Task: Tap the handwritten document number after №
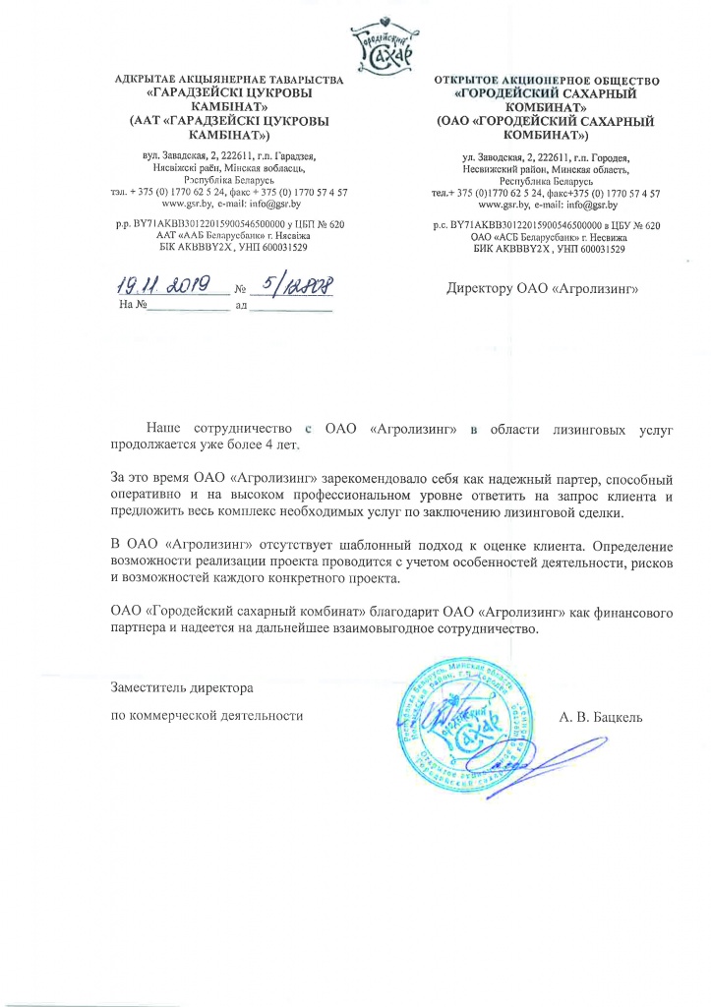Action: (293, 286)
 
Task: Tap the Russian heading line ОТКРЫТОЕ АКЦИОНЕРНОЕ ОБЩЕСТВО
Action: (547, 78)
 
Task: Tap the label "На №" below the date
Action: (131, 306)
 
